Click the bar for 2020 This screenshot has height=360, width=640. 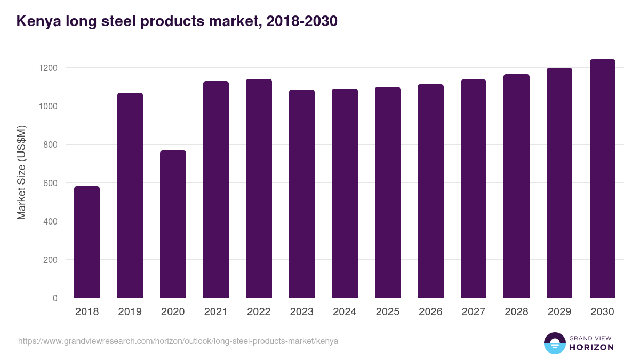click(x=173, y=224)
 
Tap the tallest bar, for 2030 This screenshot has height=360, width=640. click(x=602, y=179)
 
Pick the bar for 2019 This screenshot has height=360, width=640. click(x=130, y=195)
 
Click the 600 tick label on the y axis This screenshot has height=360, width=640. click(x=50, y=183)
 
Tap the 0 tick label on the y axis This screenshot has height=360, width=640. click(x=54, y=298)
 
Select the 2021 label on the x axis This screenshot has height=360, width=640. click(x=216, y=312)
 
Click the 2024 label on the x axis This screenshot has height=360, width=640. click(x=345, y=312)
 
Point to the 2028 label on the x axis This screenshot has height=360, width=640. click(x=516, y=312)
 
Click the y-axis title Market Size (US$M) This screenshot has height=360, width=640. click(x=21, y=172)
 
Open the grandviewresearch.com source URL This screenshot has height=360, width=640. click(x=178, y=341)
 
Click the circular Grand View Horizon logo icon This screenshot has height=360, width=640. click(x=554, y=343)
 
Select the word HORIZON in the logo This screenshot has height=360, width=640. click(x=591, y=347)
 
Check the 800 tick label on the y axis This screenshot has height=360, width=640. click(x=50, y=145)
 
